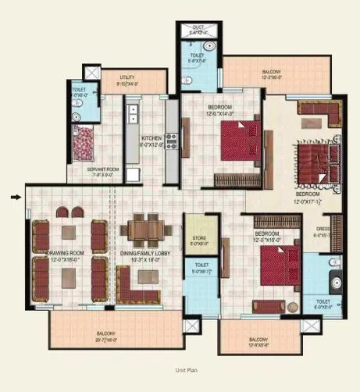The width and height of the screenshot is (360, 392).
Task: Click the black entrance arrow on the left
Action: [15, 197]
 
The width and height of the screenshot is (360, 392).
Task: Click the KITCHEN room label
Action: [151, 138]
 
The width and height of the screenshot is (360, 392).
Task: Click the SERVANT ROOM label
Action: [102, 169]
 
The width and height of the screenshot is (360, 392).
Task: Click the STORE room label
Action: [199, 238]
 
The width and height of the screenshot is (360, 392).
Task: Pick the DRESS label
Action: [322, 230]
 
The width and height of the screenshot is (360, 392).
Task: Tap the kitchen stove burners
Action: [171, 141]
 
